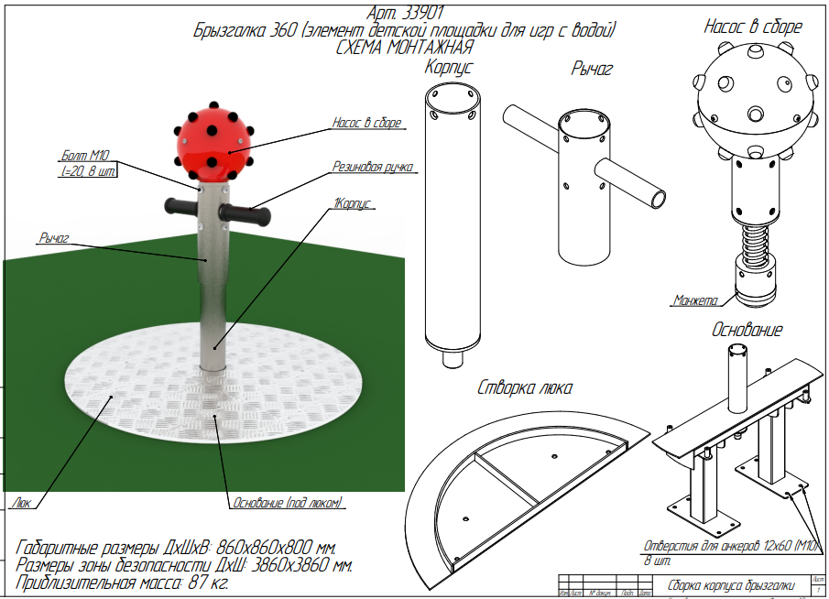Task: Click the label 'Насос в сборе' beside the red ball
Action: coord(366,123)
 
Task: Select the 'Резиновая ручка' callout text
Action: coord(371,168)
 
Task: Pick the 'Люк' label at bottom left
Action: coord(24,502)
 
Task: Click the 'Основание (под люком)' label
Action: coord(285,503)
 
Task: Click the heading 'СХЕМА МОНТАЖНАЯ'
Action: coord(404,48)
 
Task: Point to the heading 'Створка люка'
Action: coord(525,387)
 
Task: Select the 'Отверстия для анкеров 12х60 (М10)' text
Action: coord(732,547)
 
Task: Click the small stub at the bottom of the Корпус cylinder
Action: coord(450,358)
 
